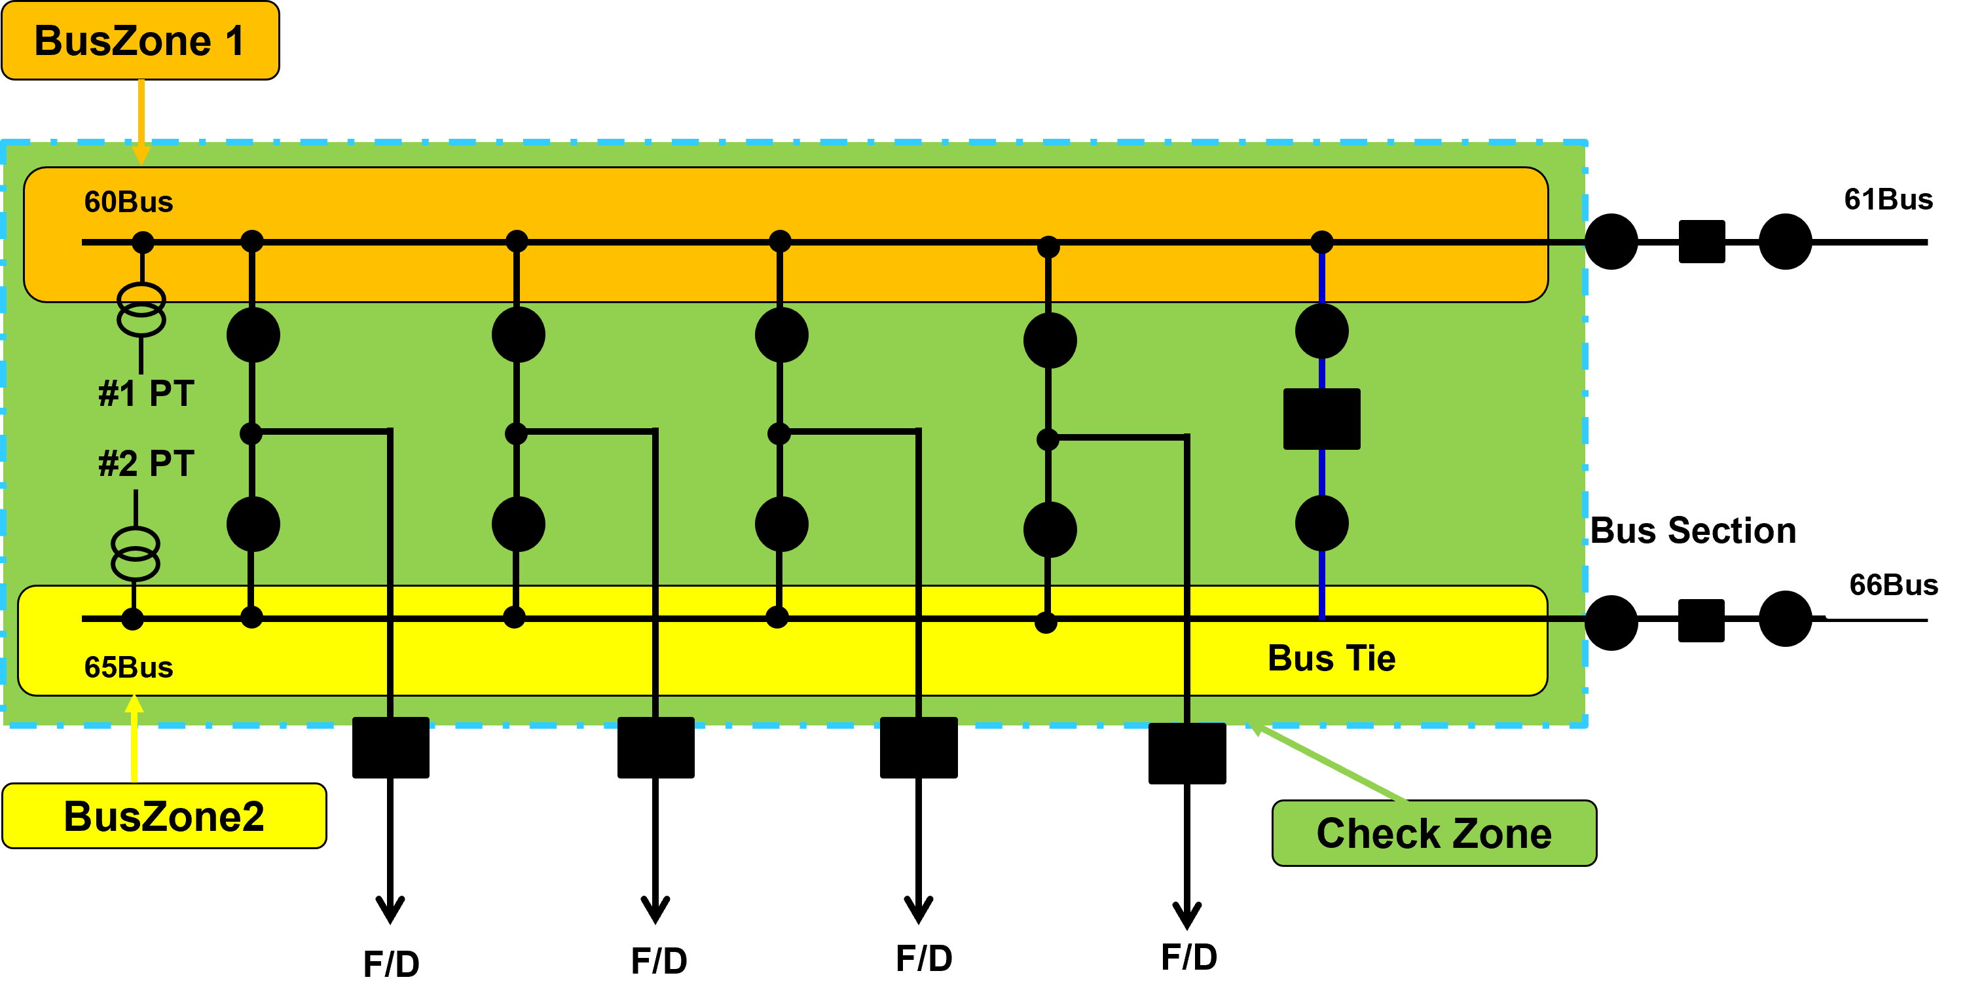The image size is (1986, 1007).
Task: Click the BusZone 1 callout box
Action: pos(139,40)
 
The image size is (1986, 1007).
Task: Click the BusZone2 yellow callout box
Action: pos(164,816)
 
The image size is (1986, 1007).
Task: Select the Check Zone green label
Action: pos(1434,833)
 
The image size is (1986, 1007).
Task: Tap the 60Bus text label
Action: pos(129,202)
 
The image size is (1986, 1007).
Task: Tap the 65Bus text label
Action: pos(129,667)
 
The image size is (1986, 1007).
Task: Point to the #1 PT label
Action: pos(147,394)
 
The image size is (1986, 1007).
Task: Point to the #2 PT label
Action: pos(147,464)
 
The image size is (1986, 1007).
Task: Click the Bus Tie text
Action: pos(1331,659)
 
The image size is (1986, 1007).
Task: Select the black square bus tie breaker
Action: pos(1321,418)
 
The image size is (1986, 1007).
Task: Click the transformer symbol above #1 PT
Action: pos(141,309)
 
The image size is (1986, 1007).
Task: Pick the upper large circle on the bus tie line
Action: pos(1321,331)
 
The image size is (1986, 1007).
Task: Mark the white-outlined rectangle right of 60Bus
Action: pos(1900,198)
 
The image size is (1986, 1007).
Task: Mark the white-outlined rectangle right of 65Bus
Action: pos(1904,583)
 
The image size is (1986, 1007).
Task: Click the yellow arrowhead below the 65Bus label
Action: pos(134,703)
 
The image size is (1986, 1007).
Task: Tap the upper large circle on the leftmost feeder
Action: pos(253,335)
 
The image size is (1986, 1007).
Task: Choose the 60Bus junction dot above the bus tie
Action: pos(1321,242)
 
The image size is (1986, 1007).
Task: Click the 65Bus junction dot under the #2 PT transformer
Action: pos(133,618)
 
